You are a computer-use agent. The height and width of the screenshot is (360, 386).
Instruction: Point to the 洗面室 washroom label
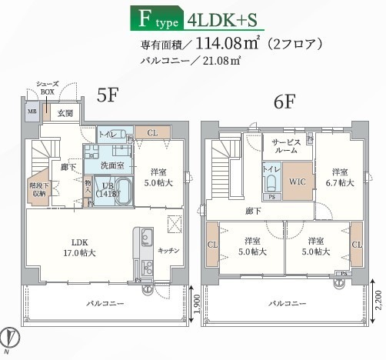coord(112,165)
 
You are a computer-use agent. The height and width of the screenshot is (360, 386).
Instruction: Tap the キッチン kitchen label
coord(168,250)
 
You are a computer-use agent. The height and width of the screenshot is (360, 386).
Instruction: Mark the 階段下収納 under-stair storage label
coord(37,189)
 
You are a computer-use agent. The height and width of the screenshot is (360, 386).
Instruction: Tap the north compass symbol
coord(11,338)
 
